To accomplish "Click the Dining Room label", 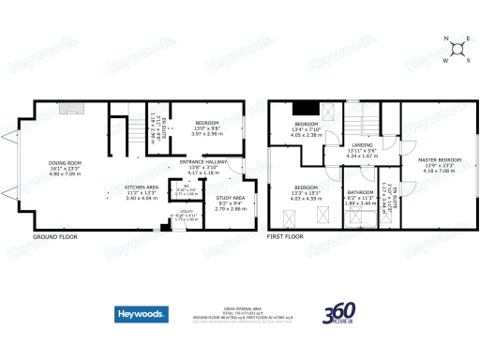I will (66, 163).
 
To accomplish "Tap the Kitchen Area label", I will (141, 187).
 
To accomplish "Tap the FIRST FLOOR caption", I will (286, 238).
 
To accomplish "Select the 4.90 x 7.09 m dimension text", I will (66, 173).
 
